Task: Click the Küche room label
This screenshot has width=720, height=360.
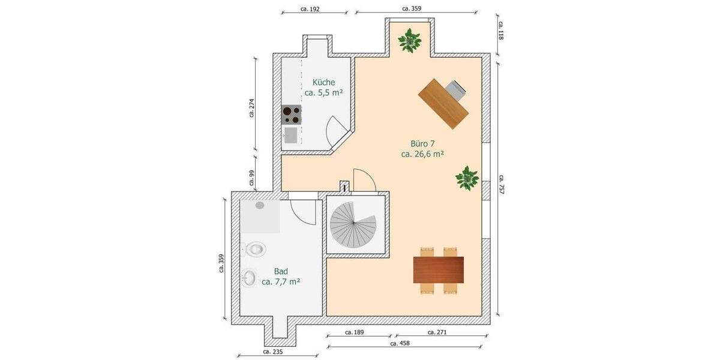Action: point(323,88)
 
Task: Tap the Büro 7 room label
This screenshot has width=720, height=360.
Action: point(422,149)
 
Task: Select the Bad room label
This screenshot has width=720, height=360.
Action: point(281,275)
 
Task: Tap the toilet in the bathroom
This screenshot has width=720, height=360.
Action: point(254,248)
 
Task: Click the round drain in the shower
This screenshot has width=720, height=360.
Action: point(260,205)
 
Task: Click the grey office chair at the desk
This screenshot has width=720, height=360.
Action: point(457,89)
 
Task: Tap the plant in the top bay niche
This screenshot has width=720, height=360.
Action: point(410,41)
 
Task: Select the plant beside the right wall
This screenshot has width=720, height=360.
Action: point(466,178)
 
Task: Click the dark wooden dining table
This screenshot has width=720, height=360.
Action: point(439,269)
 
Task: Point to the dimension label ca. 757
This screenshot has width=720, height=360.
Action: point(500,185)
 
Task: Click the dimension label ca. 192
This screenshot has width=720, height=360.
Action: point(310,9)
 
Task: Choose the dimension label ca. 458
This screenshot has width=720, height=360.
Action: point(400,344)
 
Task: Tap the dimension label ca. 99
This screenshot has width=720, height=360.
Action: point(252,178)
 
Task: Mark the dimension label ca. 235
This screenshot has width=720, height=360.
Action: point(272,352)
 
